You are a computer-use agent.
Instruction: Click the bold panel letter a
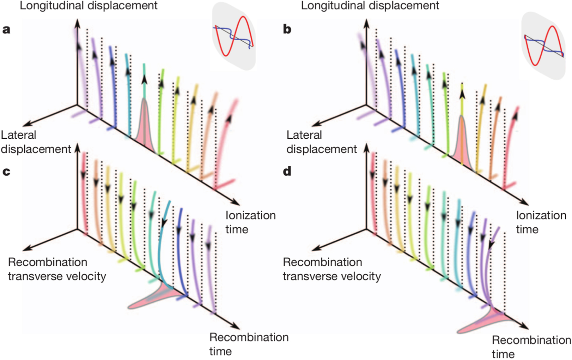click(x=6, y=29)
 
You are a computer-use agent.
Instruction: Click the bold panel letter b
click(x=287, y=29)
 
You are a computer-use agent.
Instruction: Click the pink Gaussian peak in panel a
click(x=144, y=126)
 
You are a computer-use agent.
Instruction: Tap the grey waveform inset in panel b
click(x=543, y=46)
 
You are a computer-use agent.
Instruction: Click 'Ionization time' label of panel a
click(x=250, y=222)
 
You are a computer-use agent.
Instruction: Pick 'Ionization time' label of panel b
click(x=541, y=222)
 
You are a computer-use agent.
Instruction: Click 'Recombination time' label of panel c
click(x=249, y=344)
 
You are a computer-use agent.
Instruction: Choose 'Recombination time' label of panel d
click(x=531, y=347)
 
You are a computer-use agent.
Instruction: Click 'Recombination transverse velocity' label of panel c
click(x=57, y=269)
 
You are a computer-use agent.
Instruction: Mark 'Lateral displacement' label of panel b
click(x=321, y=142)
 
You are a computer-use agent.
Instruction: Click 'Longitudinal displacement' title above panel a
click(x=88, y=5)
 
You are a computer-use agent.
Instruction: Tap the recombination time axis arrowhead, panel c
click(x=236, y=326)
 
